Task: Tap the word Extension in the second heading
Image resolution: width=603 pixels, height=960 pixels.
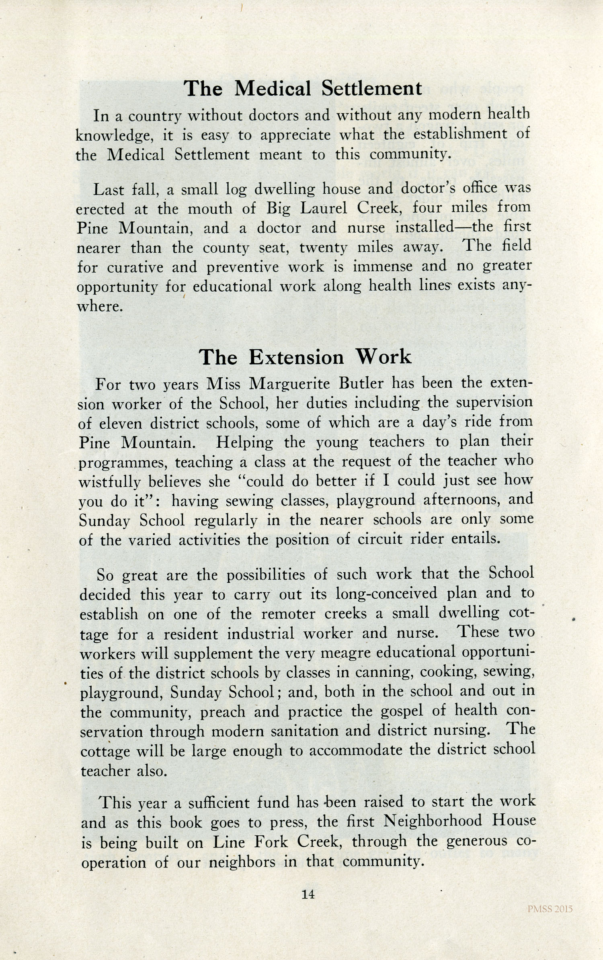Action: point(296,357)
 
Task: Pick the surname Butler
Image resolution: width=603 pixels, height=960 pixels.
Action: point(361,383)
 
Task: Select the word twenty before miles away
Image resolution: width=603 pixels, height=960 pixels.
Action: point(323,248)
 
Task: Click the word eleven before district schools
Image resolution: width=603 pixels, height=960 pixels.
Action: point(121,424)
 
